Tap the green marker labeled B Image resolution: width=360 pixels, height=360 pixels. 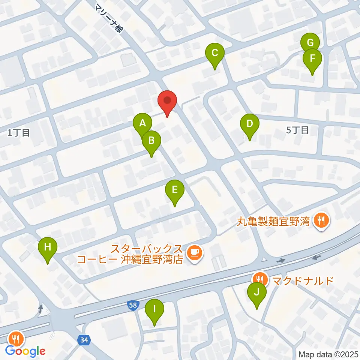coord(151,141)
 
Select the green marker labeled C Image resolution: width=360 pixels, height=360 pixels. coord(215,53)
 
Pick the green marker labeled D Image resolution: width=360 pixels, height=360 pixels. coord(249,124)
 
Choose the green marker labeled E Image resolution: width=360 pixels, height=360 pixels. coord(175,190)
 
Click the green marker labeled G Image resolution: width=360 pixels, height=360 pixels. coord(310,42)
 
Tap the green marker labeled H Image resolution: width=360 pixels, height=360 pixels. coord(48,247)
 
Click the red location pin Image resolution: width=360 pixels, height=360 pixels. coord(167,101)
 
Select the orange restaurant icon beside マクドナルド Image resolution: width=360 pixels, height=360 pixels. coord(259,279)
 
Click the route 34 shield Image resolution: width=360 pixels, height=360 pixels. coord(84,340)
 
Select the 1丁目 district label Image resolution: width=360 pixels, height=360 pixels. coord(18,132)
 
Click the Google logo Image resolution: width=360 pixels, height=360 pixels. coord(25,351)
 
